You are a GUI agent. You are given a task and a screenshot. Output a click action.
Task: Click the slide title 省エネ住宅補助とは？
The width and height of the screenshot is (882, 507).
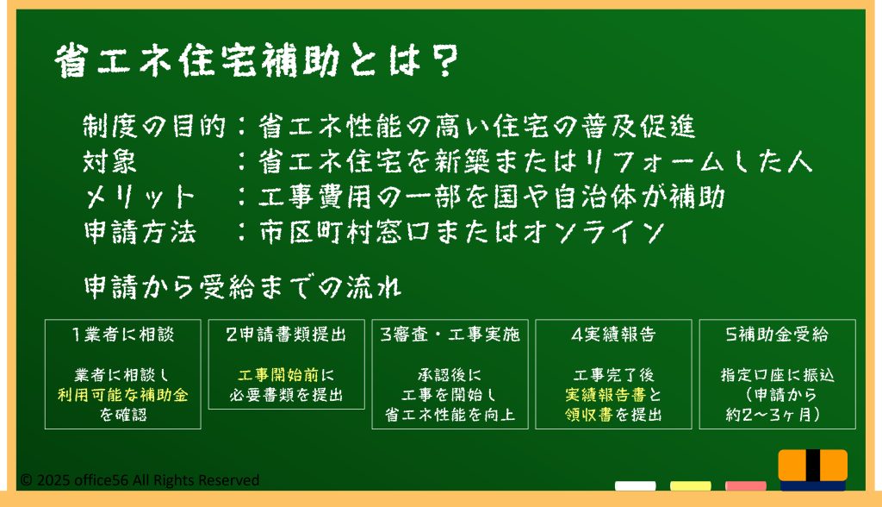[x=257, y=61]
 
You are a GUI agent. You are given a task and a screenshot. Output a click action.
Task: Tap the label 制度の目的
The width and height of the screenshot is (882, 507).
[x=153, y=126]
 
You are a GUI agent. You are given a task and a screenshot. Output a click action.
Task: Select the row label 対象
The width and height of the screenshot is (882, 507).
[x=109, y=162]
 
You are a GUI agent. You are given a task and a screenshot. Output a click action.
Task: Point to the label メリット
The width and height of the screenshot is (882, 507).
[x=140, y=197]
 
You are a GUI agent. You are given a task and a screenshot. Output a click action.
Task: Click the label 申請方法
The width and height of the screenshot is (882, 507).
[x=140, y=232]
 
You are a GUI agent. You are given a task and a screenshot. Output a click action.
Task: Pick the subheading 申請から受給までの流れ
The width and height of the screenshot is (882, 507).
[x=242, y=287]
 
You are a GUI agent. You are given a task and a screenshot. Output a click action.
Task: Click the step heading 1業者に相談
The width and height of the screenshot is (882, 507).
[x=122, y=335]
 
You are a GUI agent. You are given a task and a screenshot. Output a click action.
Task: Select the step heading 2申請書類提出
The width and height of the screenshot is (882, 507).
[x=286, y=335]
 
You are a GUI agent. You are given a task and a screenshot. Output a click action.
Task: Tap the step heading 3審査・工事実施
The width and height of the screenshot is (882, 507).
[x=450, y=335]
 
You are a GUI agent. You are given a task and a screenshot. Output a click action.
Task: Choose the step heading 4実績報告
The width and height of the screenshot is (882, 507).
[x=613, y=335]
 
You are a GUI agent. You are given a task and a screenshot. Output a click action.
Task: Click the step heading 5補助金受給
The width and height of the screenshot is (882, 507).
[x=778, y=335]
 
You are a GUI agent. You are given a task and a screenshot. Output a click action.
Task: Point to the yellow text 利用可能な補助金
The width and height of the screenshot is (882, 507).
[x=122, y=395]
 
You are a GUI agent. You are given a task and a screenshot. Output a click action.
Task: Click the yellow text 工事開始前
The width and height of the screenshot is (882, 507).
[x=278, y=375]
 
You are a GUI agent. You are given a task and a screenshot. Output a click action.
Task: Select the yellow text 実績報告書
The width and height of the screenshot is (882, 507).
[x=606, y=395]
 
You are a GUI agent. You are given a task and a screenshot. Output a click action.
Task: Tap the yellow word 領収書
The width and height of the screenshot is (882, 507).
[x=589, y=416]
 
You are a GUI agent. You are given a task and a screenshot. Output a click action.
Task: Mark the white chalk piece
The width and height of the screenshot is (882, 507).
[x=635, y=485]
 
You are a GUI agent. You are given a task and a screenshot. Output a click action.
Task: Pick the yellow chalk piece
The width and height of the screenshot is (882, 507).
[x=690, y=485]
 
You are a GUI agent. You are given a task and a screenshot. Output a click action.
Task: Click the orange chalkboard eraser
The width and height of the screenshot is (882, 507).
[x=813, y=470]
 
